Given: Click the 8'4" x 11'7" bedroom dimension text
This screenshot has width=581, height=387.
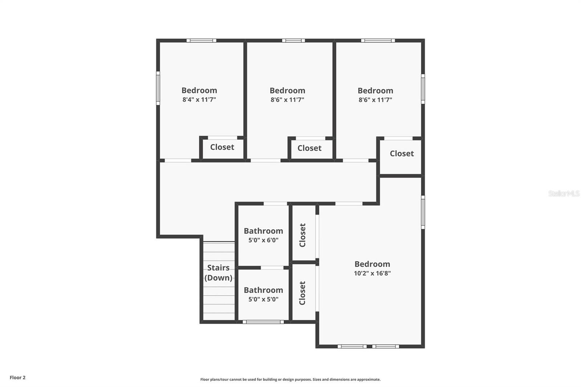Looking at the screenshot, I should [x=199, y=99].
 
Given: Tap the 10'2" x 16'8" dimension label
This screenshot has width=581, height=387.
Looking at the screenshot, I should [x=372, y=273].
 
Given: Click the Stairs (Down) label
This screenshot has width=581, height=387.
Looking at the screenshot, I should [x=218, y=273].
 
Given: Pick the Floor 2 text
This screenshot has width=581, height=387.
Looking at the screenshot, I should [x=17, y=378].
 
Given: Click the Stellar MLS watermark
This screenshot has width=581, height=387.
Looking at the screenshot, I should [x=564, y=193].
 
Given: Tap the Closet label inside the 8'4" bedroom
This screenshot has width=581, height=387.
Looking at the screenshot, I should [x=222, y=147].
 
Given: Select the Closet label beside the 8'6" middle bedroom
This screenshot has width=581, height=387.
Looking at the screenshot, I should [x=309, y=148].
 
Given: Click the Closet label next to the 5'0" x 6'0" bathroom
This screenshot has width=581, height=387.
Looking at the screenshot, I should [x=302, y=235].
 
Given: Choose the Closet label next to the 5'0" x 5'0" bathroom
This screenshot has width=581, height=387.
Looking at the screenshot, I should [x=302, y=293].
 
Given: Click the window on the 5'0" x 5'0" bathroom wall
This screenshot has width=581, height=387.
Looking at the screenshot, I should [x=263, y=322].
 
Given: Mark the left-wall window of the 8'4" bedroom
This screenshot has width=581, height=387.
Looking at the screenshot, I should [x=158, y=88].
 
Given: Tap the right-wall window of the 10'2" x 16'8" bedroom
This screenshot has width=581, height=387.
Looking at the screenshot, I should [x=423, y=212].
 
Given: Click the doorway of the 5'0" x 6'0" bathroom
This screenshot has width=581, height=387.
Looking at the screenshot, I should [x=275, y=204].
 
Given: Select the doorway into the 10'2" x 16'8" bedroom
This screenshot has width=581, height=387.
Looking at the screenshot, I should [x=349, y=204].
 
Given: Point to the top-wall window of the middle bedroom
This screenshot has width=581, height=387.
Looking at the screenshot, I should [x=293, y=40].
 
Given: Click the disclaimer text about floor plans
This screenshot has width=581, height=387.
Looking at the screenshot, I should [x=290, y=379].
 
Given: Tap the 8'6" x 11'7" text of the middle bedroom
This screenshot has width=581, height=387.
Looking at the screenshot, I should [x=287, y=100].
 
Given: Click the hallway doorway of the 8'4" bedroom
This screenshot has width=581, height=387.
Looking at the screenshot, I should [x=178, y=160].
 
